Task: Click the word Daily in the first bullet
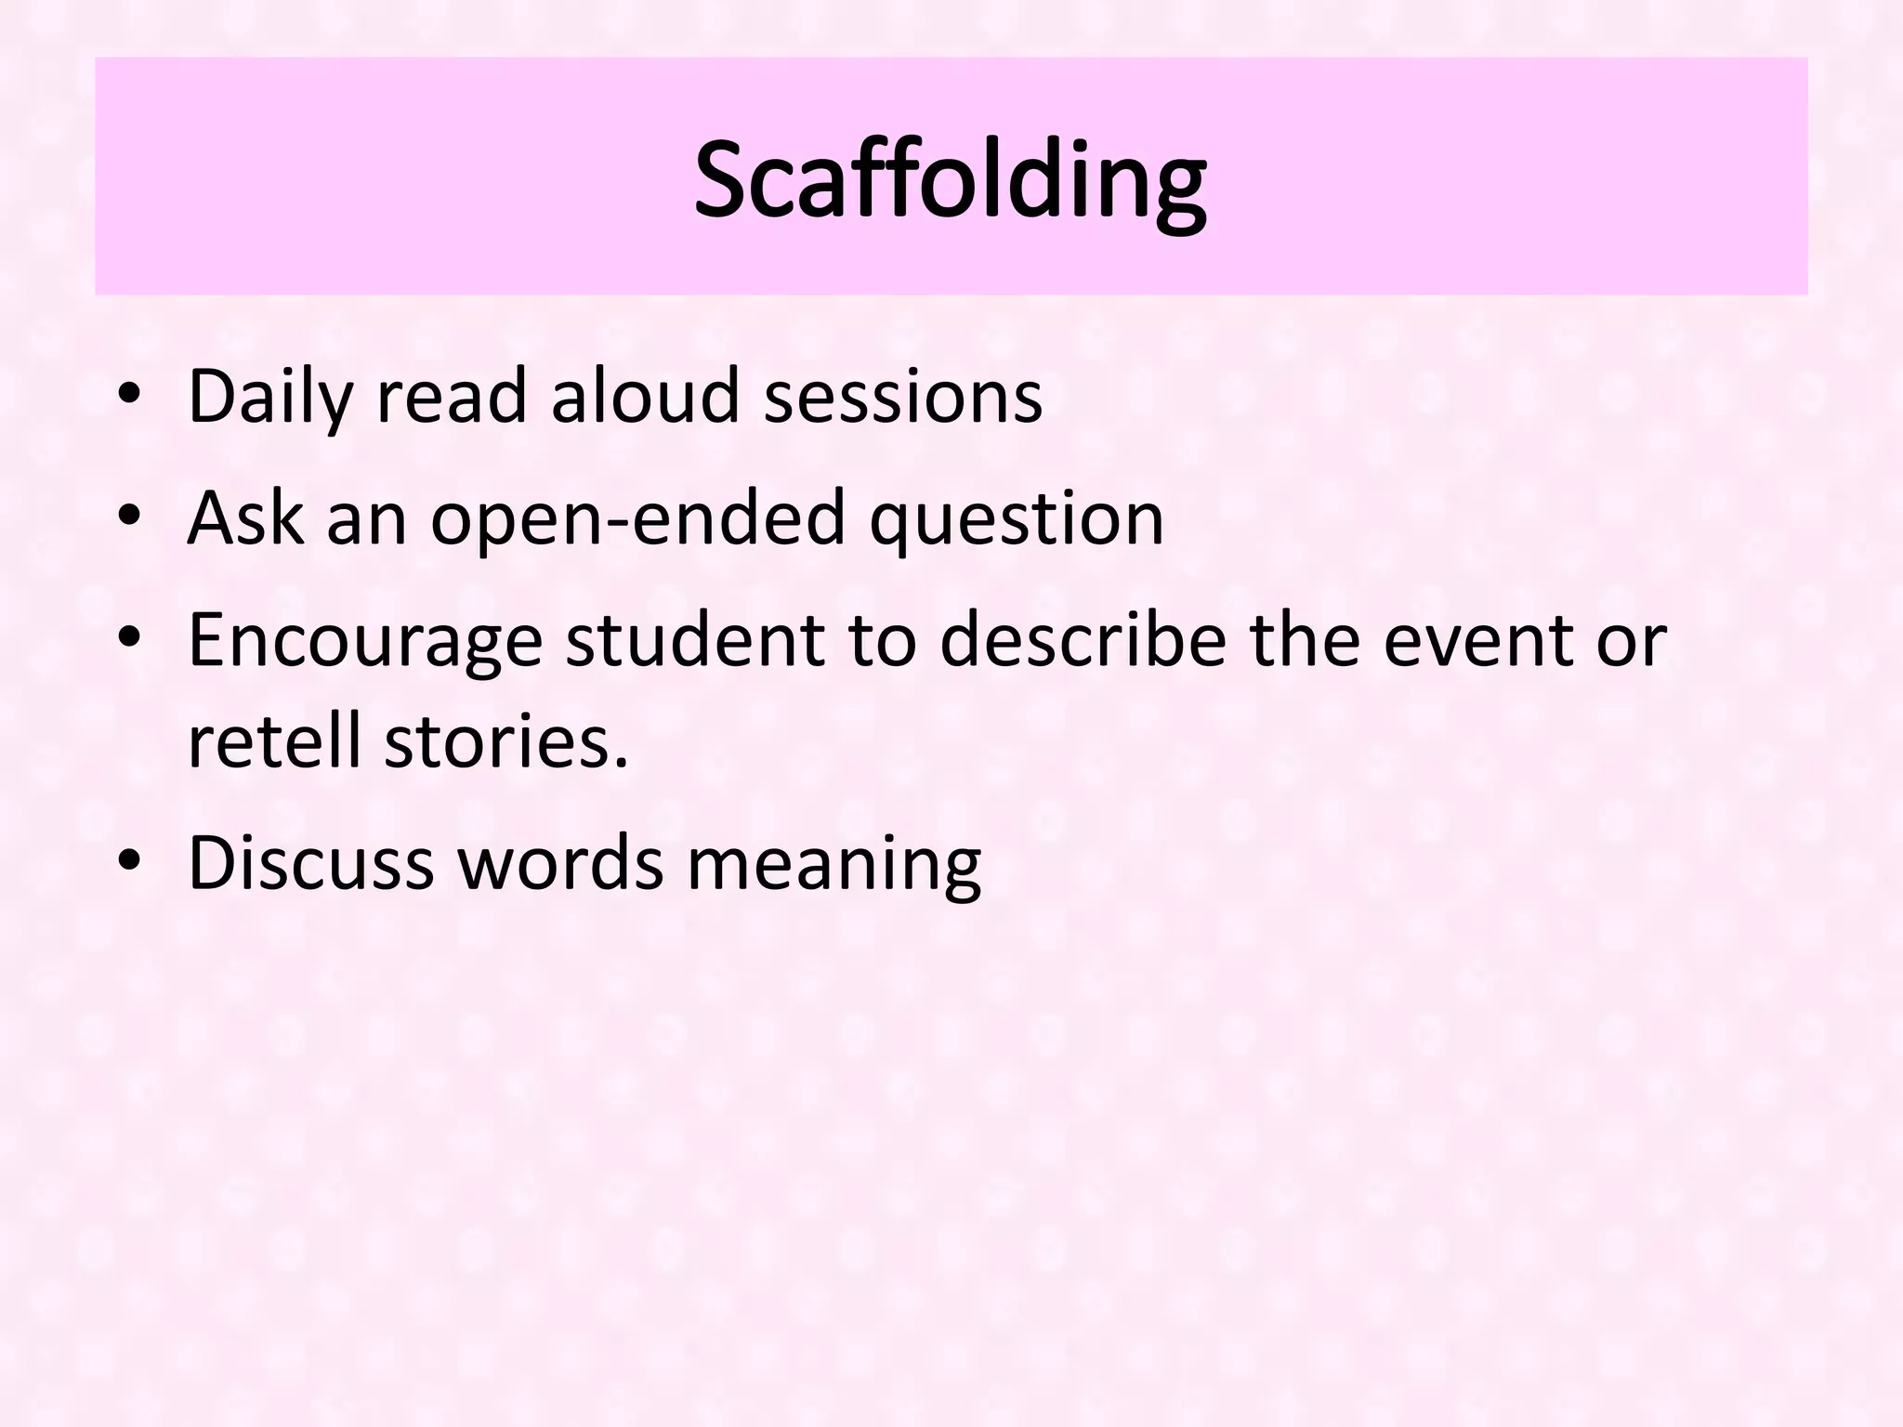click(270, 398)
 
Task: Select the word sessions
click(902, 398)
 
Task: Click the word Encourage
click(365, 641)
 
